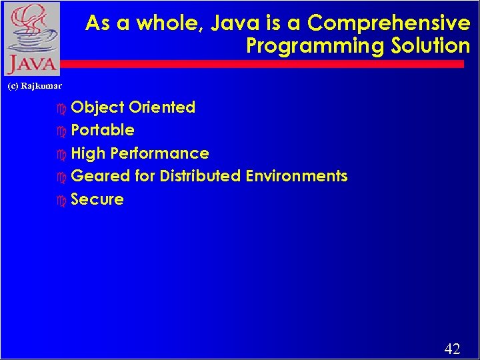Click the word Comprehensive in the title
[389, 23]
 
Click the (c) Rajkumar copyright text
[34, 86]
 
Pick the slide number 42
[452, 349]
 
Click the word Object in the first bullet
[97, 107]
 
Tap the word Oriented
[162, 107]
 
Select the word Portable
[103, 130]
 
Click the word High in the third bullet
[88, 153]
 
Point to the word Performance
[160, 153]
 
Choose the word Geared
[98, 176]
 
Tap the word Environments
[297, 176]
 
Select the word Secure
[97, 199]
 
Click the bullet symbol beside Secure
[62, 200]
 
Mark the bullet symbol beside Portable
[62, 131]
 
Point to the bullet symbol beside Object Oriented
[62, 108]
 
